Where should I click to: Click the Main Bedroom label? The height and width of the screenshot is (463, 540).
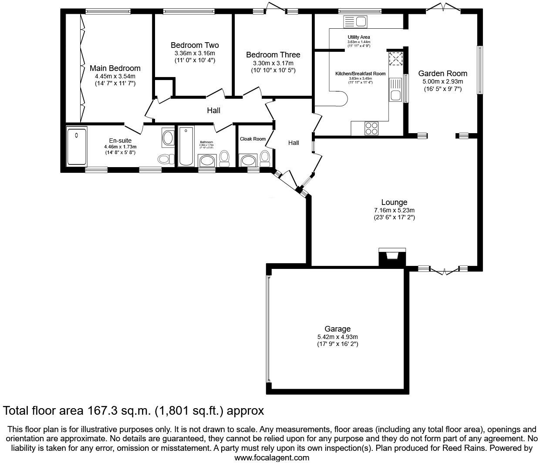[115, 68]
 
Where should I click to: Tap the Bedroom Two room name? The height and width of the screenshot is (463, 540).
[195, 45]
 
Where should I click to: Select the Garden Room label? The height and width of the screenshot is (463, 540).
[442, 74]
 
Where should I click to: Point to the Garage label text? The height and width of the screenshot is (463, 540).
[337, 329]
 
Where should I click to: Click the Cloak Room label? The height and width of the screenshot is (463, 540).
[253, 139]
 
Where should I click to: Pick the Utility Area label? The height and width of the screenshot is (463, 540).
[359, 37]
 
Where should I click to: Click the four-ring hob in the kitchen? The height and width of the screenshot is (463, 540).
[371, 128]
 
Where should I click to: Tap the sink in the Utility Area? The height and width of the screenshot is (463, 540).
[355, 21]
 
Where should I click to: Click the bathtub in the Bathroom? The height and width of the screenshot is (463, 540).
[186, 146]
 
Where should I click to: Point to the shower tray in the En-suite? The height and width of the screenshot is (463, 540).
[77, 146]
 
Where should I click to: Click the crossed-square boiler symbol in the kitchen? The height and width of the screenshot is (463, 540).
[395, 58]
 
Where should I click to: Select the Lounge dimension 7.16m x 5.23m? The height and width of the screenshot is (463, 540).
[394, 210]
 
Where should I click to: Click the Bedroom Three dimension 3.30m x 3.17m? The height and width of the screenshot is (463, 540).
[273, 63]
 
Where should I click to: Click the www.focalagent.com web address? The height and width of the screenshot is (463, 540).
[272, 457]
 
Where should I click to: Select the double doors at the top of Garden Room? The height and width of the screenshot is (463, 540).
[442, 7]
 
